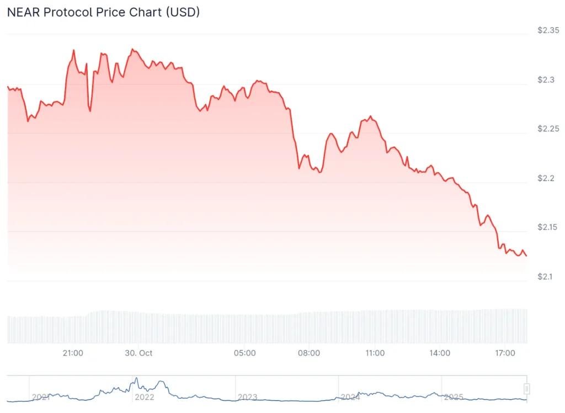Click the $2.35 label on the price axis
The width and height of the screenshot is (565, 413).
(x=548, y=30)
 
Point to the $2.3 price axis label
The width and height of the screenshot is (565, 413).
(x=546, y=80)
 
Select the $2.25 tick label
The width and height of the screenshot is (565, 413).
(x=548, y=129)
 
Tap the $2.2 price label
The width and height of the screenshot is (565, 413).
(x=546, y=178)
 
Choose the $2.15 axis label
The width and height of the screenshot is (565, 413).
(x=548, y=227)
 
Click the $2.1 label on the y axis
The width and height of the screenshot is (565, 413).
(x=546, y=276)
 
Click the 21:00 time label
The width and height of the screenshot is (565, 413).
(x=73, y=353)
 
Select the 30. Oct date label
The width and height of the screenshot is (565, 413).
(x=138, y=353)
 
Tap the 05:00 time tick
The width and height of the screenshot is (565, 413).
(x=244, y=353)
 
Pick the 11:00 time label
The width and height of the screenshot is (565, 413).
(x=375, y=353)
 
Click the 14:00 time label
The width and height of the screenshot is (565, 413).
(x=440, y=353)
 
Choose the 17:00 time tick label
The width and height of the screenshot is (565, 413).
(x=505, y=353)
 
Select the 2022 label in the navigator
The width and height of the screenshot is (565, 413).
(x=144, y=397)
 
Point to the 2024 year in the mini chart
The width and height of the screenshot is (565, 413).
(x=350, y=397)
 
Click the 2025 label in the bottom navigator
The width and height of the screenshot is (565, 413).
(x=454, y=397)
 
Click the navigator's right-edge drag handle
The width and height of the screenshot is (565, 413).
(x=527, y=388)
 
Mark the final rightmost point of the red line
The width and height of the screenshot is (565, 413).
(x=526, y=256)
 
